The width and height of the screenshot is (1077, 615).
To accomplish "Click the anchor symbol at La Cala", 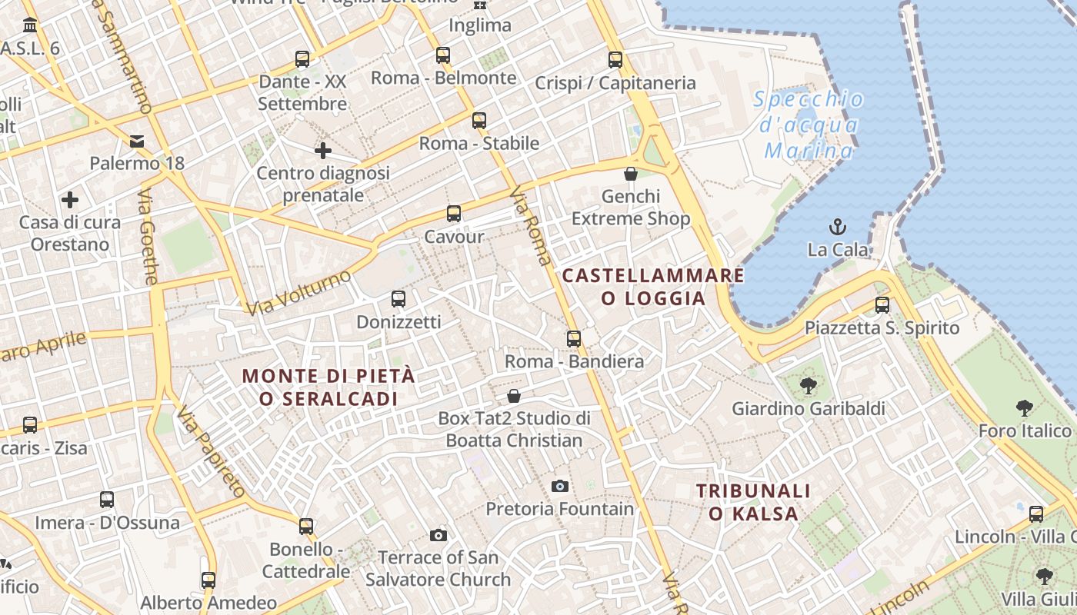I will (837, 226).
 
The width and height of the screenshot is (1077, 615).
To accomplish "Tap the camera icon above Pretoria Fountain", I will (560, 486).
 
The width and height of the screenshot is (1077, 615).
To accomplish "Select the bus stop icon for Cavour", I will (454, 214).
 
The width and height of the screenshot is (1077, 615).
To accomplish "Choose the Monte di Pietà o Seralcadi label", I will (328, 387).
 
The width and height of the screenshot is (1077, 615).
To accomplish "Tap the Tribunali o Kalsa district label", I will (753, 502).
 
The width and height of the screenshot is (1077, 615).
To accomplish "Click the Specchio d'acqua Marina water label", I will (809, 125).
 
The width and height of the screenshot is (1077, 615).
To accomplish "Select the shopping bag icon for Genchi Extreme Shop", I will (631, 174).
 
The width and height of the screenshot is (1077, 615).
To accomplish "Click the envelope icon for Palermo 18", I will (137, 141).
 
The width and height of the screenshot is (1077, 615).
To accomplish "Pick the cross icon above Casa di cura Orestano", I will (70, 200).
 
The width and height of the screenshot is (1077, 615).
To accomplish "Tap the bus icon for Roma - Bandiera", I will (574, 338).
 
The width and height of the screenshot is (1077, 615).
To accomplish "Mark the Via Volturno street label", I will (299, 293).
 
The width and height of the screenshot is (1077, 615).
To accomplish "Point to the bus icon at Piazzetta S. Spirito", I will (882, 304).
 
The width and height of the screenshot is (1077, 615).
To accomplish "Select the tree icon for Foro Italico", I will (1024, 408).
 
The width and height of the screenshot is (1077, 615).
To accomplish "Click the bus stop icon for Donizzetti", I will (398, 299).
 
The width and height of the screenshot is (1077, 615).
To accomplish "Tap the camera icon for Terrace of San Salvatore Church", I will (438, 535).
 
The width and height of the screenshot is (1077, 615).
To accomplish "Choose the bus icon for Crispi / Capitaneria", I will (615, 59).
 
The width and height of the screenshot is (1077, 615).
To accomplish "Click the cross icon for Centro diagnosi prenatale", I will (323, 150).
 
